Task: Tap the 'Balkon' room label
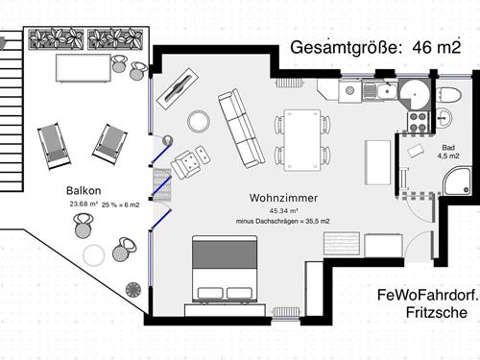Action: (x=84, y=190)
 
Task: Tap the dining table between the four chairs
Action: (x=301, y=137)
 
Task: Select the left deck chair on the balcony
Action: (x=53, y=144)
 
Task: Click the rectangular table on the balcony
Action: (x=79, y=67)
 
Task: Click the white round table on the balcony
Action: (x=94, y=255)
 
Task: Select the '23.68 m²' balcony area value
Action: (x=83, y=204)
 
